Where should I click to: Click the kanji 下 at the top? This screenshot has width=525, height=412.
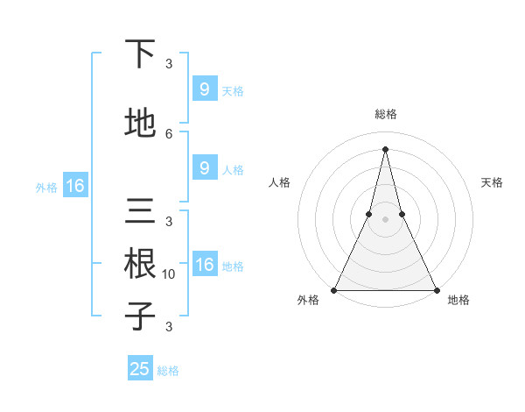(x=140, y=54)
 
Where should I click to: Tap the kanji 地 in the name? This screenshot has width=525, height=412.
(x=140, y=123)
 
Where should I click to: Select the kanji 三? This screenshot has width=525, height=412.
(x=140, y=212)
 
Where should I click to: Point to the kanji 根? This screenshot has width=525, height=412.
(x=140, y=263)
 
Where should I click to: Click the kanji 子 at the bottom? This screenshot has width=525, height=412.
(x=140, y=315)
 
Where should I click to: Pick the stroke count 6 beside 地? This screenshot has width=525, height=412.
(x=169, y=133)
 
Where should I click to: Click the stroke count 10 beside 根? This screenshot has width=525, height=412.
(x=169, y=274)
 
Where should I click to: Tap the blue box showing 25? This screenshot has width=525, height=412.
(x=140, y=369)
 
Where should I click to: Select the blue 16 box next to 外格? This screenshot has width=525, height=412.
(x=75, y=186)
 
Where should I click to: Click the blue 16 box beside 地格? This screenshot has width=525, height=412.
(x=204, y=265)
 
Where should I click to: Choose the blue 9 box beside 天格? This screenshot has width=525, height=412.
(x=204, y=89)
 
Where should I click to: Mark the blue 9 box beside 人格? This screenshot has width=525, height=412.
(x=204, y=168)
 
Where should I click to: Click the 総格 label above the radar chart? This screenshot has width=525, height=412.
(x=385, y=115)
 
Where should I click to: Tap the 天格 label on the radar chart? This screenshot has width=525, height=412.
(x=492, y=182)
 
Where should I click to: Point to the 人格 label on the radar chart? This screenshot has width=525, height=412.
(x=279, y=182)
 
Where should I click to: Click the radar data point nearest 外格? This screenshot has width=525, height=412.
(x=334, y=289)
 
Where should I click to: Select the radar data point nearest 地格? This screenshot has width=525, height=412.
(x=436, y=289)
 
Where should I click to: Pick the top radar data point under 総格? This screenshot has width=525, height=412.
(x=385, y=148)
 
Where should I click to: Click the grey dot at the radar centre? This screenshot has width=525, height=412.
(x=385, y=219)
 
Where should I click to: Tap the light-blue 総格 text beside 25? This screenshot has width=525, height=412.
(x=168, y=370)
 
